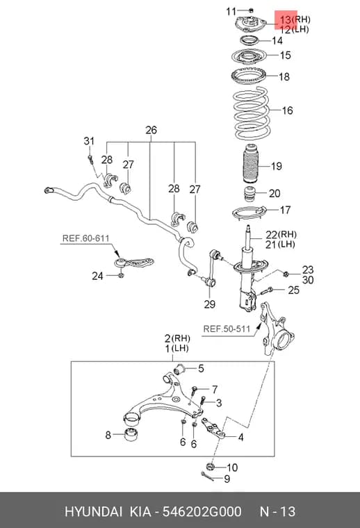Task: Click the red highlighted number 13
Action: [x=285, y=20]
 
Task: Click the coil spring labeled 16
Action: [x=251, y=113]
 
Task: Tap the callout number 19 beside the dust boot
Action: [x=276, y=166]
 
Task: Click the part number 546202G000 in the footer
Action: [x=202, y=511]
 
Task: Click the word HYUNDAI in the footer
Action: [x=94, y=511]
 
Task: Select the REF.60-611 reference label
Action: [x=86, y=238]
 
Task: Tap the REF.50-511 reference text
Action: [x=227, y=329]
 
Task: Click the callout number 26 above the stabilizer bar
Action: [x=152, y=130]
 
